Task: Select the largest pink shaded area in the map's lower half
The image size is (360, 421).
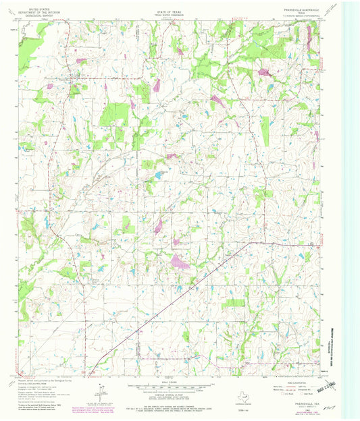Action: click(x=180, y=260)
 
